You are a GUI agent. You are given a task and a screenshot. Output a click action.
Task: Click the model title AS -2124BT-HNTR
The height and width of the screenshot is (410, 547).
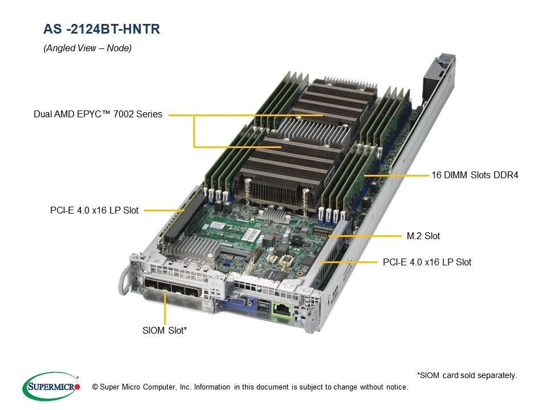click(x=101, y=29)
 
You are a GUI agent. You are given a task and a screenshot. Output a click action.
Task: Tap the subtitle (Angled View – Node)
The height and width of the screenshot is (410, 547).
click(x=88, y=48)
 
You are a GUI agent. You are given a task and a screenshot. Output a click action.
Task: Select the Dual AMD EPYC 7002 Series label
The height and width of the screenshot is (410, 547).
click(x=98, y=114)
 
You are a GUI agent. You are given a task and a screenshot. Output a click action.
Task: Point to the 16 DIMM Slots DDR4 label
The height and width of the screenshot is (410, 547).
click(x=475, y=175)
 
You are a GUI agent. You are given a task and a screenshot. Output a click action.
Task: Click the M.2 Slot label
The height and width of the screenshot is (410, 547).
click(x=423, y=236)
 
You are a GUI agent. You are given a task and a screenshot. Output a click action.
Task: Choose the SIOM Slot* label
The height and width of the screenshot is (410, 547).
click(x=165, y=330)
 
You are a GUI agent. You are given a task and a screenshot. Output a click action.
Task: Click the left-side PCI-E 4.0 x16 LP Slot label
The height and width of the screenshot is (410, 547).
click(x=94, y=210)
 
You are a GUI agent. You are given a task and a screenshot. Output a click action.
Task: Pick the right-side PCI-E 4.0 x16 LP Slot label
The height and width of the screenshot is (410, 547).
click(x=427, y=262)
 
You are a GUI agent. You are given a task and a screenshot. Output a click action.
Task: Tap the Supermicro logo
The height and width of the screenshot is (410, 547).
click(x=51, y=386)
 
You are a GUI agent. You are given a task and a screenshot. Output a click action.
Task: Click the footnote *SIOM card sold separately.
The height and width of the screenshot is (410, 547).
click(x=467, y=375)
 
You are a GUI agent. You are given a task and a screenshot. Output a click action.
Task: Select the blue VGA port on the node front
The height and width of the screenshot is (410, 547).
click(x=239, y=302)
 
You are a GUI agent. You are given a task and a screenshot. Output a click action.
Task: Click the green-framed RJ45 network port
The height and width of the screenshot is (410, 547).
click(x=282, y=309)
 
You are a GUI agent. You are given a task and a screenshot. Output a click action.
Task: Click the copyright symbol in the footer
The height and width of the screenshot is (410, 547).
click(x=95, y=387)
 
